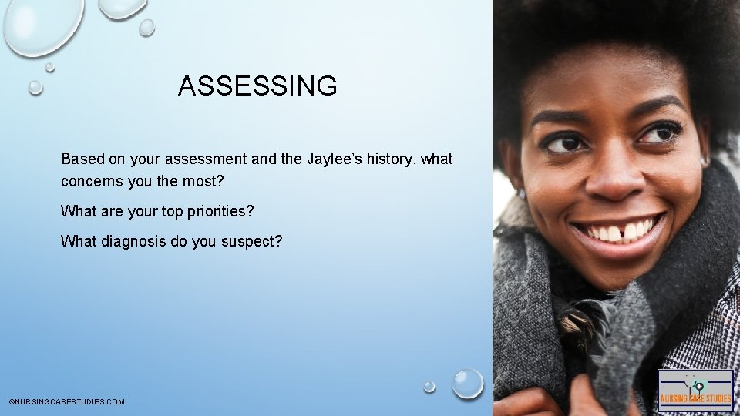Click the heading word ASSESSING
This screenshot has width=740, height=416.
pos(257,86)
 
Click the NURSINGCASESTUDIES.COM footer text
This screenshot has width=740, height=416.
pos(66,402)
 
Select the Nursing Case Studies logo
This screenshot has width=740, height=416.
pos(695,391)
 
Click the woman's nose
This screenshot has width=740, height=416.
pos(611,177)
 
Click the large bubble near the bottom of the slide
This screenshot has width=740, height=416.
pos(467,383)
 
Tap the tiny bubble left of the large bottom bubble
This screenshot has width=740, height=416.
pos(429,386)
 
